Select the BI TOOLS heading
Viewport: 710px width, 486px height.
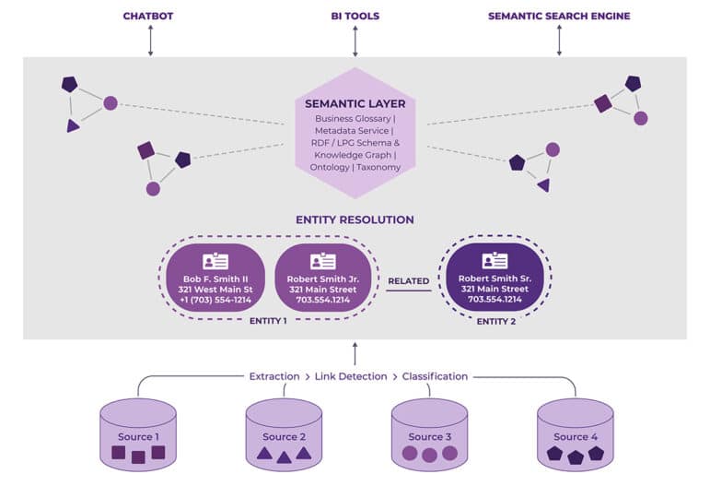[x=355, y=16]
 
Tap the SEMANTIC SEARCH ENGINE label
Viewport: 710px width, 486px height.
[x=559, y=16]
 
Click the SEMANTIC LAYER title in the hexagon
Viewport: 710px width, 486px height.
[x=355, y=103]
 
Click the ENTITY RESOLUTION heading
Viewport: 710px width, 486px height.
[x=355, y=219]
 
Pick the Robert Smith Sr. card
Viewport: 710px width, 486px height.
[x=495, y=277]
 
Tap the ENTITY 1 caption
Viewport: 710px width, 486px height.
[x=268, y=321]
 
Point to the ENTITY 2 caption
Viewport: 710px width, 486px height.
[x=495, y=321]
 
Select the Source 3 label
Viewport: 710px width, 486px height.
[x=430, y=436]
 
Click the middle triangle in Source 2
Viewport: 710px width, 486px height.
[x=284, y=456]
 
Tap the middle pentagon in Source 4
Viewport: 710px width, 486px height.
[x=576, y=456]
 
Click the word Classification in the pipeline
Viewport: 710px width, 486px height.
[x=435, y=376]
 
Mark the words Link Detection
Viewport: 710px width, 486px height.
[x=350, y=376]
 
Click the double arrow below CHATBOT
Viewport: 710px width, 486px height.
[x=150, y=41]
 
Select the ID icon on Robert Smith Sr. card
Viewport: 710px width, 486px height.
[x=495, y=260]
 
